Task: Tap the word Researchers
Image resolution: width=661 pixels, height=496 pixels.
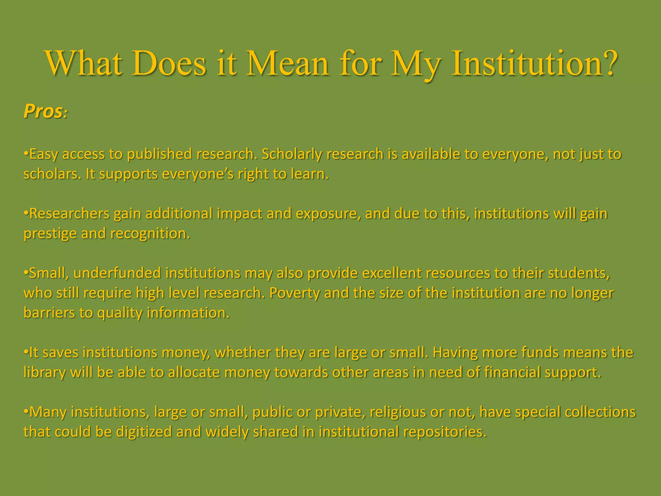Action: click(x=69, y=214)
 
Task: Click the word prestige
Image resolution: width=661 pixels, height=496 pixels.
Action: click(x=50, y=234)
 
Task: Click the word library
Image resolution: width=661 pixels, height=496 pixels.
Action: click(x=45, y=372)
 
